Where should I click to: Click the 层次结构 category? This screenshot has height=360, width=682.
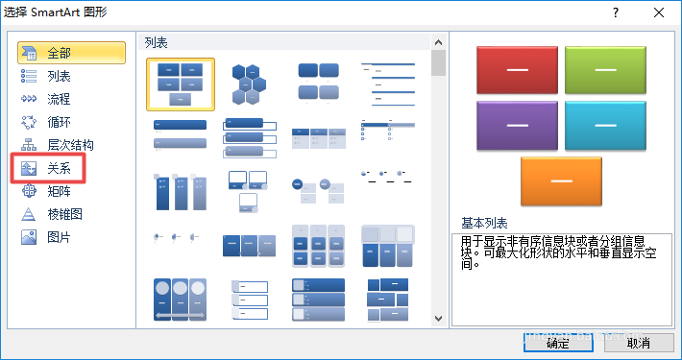[x=69, y=145]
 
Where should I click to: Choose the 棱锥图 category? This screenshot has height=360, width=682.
[x=64, y=213]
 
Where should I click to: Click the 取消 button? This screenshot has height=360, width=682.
[x=637, y=342]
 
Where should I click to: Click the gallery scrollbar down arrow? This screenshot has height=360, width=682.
[x=439, y=318]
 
